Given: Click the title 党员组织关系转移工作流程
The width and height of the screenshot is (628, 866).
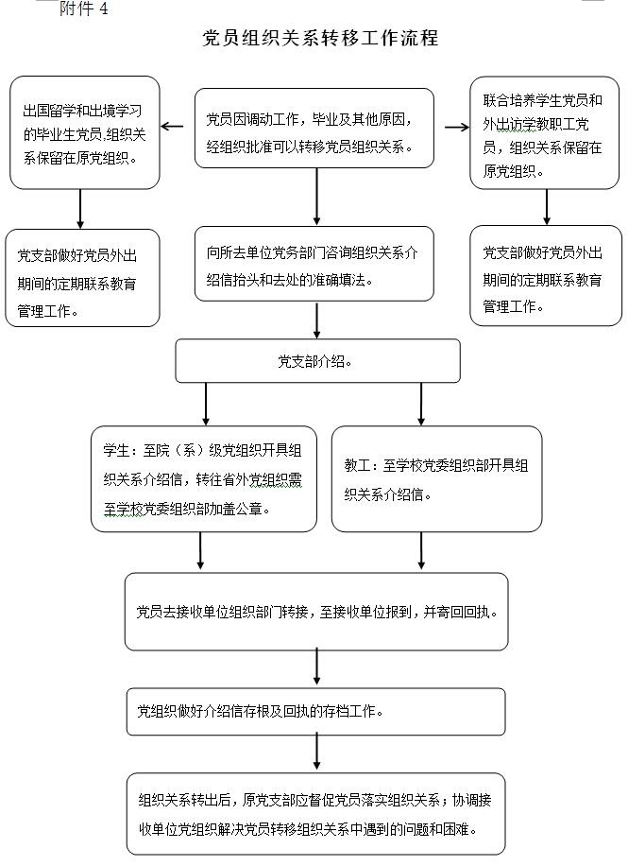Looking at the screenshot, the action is [320, 38].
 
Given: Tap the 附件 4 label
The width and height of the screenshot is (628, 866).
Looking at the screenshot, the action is [83, 9].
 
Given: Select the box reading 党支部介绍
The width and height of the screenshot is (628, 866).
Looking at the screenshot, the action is [317, 360].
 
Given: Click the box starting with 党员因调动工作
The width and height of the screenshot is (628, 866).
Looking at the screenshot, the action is [314, 128].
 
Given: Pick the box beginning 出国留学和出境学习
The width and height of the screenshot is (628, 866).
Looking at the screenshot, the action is [84, 132].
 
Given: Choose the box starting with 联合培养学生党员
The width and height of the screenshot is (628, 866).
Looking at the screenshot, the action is [545, 132].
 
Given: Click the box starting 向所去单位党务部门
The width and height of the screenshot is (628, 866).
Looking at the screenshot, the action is [314, 264].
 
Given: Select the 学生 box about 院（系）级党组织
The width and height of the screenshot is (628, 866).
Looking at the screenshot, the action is [204, 478].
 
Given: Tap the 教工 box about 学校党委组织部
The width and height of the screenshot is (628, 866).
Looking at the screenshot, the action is [436, 478].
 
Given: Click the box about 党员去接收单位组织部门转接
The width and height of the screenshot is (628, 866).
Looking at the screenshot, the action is [316, 612].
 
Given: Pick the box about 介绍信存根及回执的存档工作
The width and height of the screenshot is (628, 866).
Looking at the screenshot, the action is [316, 711].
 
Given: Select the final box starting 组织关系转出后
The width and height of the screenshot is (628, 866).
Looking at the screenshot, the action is [316, 814].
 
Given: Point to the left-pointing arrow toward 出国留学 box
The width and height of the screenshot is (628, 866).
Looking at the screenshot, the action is [172, 127].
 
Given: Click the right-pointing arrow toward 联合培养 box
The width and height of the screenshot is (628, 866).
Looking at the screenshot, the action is [457, 128].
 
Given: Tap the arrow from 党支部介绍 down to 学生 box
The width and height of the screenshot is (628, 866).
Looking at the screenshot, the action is [206, 404].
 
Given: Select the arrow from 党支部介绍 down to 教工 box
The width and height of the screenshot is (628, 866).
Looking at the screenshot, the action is [421, 404].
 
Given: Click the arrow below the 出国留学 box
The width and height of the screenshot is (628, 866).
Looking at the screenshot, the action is [80, 209].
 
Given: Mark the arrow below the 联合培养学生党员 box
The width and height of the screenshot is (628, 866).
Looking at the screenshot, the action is [547, 207].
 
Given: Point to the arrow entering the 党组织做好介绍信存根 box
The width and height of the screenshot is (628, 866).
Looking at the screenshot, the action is [316, 667].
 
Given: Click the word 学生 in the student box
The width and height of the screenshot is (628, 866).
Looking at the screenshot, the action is [116, 451].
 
